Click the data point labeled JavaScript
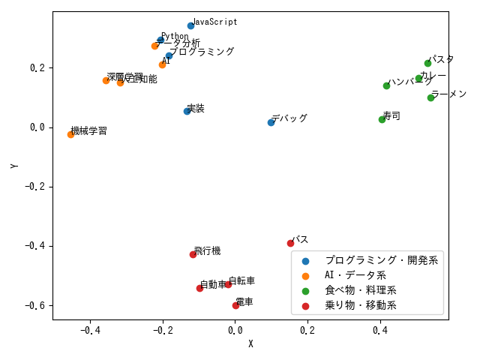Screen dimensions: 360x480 (x=190, y=25)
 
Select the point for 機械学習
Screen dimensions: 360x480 (x=70, y=134)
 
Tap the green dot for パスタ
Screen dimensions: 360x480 (x=427, y=63)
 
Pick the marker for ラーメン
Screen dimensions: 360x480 (x=430, y=97)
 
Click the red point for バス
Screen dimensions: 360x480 (x=290, y=243)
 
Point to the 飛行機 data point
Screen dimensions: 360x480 (x=193, y=254)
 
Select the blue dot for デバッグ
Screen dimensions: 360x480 (x=271, y=122)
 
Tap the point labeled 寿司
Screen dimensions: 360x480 (x=382, y=119)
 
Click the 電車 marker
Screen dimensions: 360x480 (x=235, y=305)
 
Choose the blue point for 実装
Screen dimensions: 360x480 (x=187, y=111)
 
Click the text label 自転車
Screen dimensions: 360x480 (x=241, y=281)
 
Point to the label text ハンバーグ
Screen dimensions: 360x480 (x=409, y=82)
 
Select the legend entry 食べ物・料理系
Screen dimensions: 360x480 (x=360, y=290)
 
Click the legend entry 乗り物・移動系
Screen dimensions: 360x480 (x=360, y=305)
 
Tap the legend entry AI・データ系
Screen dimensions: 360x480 (x=355, y=275)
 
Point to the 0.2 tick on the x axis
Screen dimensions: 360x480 (x=307, y=329)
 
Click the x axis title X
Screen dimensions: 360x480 (x=250, y=343)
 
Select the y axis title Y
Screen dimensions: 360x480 (x=14, y=165)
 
